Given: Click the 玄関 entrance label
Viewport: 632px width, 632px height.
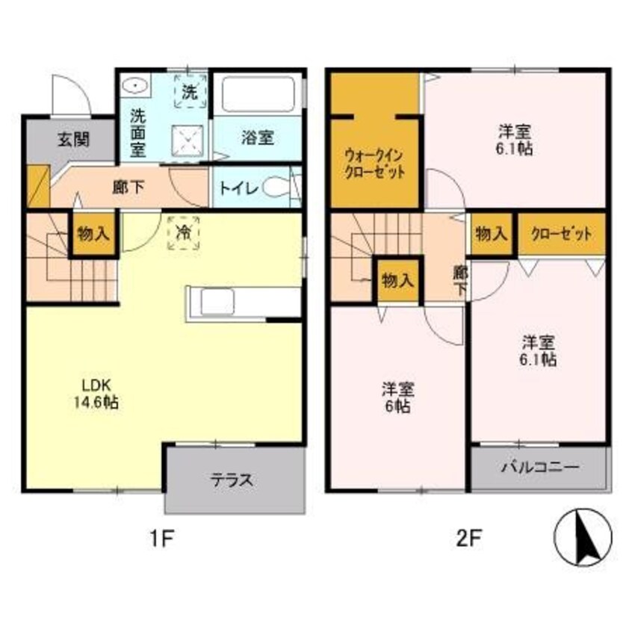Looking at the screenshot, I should pyautogui.click(x=72, y=139).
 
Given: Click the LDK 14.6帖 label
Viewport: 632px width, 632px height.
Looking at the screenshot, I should pyautogui.click(x=96, y=394).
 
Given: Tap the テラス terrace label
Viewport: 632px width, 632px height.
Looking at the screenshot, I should pyautogui.click(x=235, y=480).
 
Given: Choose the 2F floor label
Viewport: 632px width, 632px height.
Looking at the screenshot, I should pyautogui.click(x=465, y=538).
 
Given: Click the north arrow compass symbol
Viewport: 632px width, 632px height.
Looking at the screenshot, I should pyautogui.click(x=583, y=538).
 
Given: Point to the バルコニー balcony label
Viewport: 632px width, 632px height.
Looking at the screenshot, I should pyautogui.click(x=539, y=468).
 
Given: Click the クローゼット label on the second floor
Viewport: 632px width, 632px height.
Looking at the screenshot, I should pyautogui.click(x=562, y=234).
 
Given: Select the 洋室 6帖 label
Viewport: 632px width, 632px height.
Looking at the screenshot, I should pyautogui.click(x=398, y=397).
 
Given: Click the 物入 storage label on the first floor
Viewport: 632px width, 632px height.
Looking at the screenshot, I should pyautogui.click(x=93, y=233).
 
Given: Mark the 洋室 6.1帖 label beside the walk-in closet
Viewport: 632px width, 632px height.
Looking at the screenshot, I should pyautogui.click(x=515, y=140).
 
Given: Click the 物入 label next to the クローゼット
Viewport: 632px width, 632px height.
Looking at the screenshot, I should pyautogui.click(x=492, y=234).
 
